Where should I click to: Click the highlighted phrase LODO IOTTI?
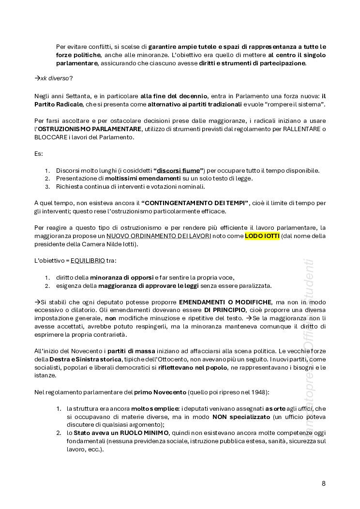(x=262, y=236)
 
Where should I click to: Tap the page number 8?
(x=324, y=483)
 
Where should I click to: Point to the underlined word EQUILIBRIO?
(x=88, y=260)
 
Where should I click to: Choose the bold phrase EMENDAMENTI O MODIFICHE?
(x=225, y=302)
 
